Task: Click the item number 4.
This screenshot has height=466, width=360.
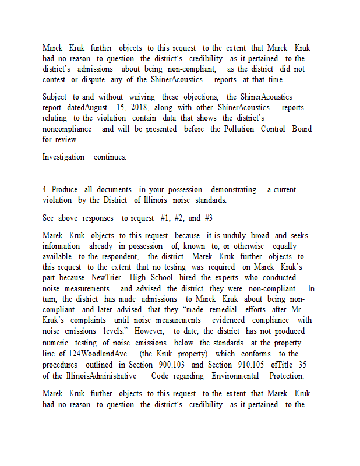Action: pyautogui.click(x=45, y=190)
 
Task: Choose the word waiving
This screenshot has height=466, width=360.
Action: pyautogui.click(x=142, y=97)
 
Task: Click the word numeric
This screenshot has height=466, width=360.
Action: pyautogui.click(x=57, y=343)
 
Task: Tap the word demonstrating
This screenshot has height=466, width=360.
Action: pyautogui.click(x=233, y=190)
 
